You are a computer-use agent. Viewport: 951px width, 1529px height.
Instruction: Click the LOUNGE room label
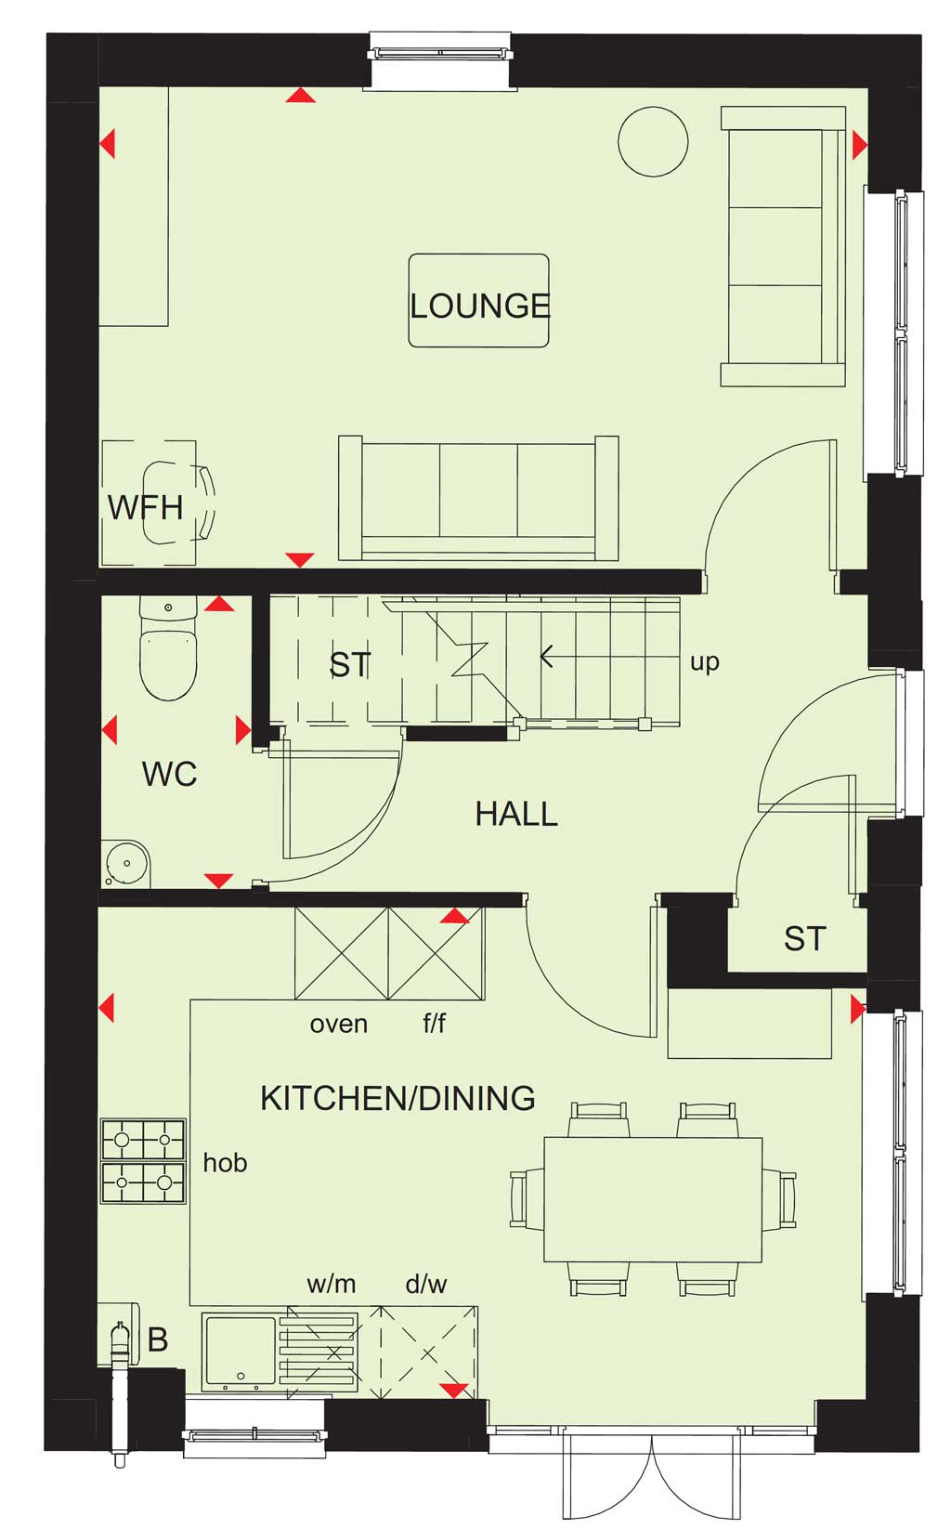(479, 307)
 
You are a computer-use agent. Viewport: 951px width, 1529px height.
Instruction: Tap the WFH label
(145, 508)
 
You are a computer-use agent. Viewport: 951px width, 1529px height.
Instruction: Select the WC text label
(169, 774)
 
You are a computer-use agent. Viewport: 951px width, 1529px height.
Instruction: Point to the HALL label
(516, 815)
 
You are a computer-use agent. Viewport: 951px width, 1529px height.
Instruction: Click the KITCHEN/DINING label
(397, 1098)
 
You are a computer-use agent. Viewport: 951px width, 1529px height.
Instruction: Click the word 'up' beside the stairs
(705, 663)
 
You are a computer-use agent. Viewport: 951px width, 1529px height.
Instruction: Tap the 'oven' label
(338, 1024)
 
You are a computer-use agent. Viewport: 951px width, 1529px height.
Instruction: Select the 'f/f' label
(435, 1023)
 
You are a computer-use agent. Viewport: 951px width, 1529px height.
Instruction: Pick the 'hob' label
(225, 1162)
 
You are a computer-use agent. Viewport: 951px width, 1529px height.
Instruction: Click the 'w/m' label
(332, 1284)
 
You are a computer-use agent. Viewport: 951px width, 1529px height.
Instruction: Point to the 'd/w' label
(426, 1284)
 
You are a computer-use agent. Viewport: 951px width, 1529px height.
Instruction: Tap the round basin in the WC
(127, 864)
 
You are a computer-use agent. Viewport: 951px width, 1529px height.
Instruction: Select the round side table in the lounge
(653, 142)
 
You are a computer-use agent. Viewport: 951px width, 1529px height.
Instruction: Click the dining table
(653, 1199)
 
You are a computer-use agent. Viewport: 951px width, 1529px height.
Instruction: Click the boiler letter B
(158, 1340)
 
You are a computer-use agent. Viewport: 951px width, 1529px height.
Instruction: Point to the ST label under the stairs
(350, 665)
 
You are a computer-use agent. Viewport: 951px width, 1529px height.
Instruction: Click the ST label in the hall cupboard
(805, 939)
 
